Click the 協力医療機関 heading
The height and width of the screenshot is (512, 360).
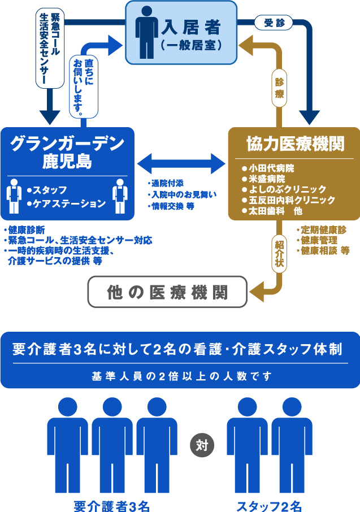point(294,144)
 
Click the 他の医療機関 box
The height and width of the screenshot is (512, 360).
point(168,292)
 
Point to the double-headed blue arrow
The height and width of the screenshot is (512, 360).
point(180,163)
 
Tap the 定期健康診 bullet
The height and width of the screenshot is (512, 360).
point(322,229)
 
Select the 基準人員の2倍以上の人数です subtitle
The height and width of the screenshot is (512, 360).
point(180,375)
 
